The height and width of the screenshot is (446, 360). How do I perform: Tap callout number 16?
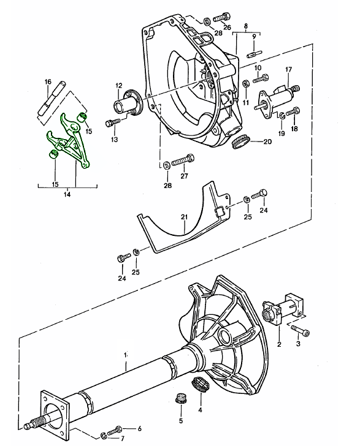[48, 82]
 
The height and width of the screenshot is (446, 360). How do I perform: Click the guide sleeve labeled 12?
[128, 103]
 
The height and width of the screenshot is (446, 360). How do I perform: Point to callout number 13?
[115, 140]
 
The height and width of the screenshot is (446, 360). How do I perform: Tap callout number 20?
[267, 142]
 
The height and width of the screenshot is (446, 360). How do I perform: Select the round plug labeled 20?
[240, 142]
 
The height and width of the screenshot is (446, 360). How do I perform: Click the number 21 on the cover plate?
[184, 217]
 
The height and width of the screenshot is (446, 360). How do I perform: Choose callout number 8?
[246, 26]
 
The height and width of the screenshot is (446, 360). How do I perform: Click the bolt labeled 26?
[221, 17]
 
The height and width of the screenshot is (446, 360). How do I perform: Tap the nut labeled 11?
[245, 85]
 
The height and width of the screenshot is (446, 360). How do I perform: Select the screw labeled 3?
[300, 331]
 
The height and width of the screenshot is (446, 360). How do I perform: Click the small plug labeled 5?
[181, 398]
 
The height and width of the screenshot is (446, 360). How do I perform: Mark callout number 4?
[200, 410]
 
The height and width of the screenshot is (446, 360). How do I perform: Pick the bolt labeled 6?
[114, 430]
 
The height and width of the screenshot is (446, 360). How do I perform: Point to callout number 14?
[67, 195]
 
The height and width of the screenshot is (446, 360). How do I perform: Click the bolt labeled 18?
[293, 112]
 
